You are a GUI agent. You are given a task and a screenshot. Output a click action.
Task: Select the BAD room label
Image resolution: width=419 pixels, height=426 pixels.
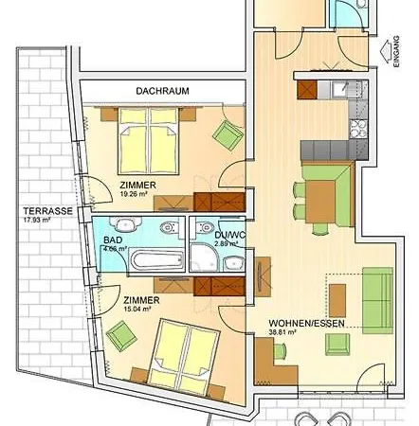112,241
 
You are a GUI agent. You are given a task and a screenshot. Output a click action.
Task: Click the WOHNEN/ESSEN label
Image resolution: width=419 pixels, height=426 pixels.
301,322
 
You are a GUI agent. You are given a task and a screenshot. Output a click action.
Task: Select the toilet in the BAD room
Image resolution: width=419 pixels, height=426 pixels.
167,227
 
